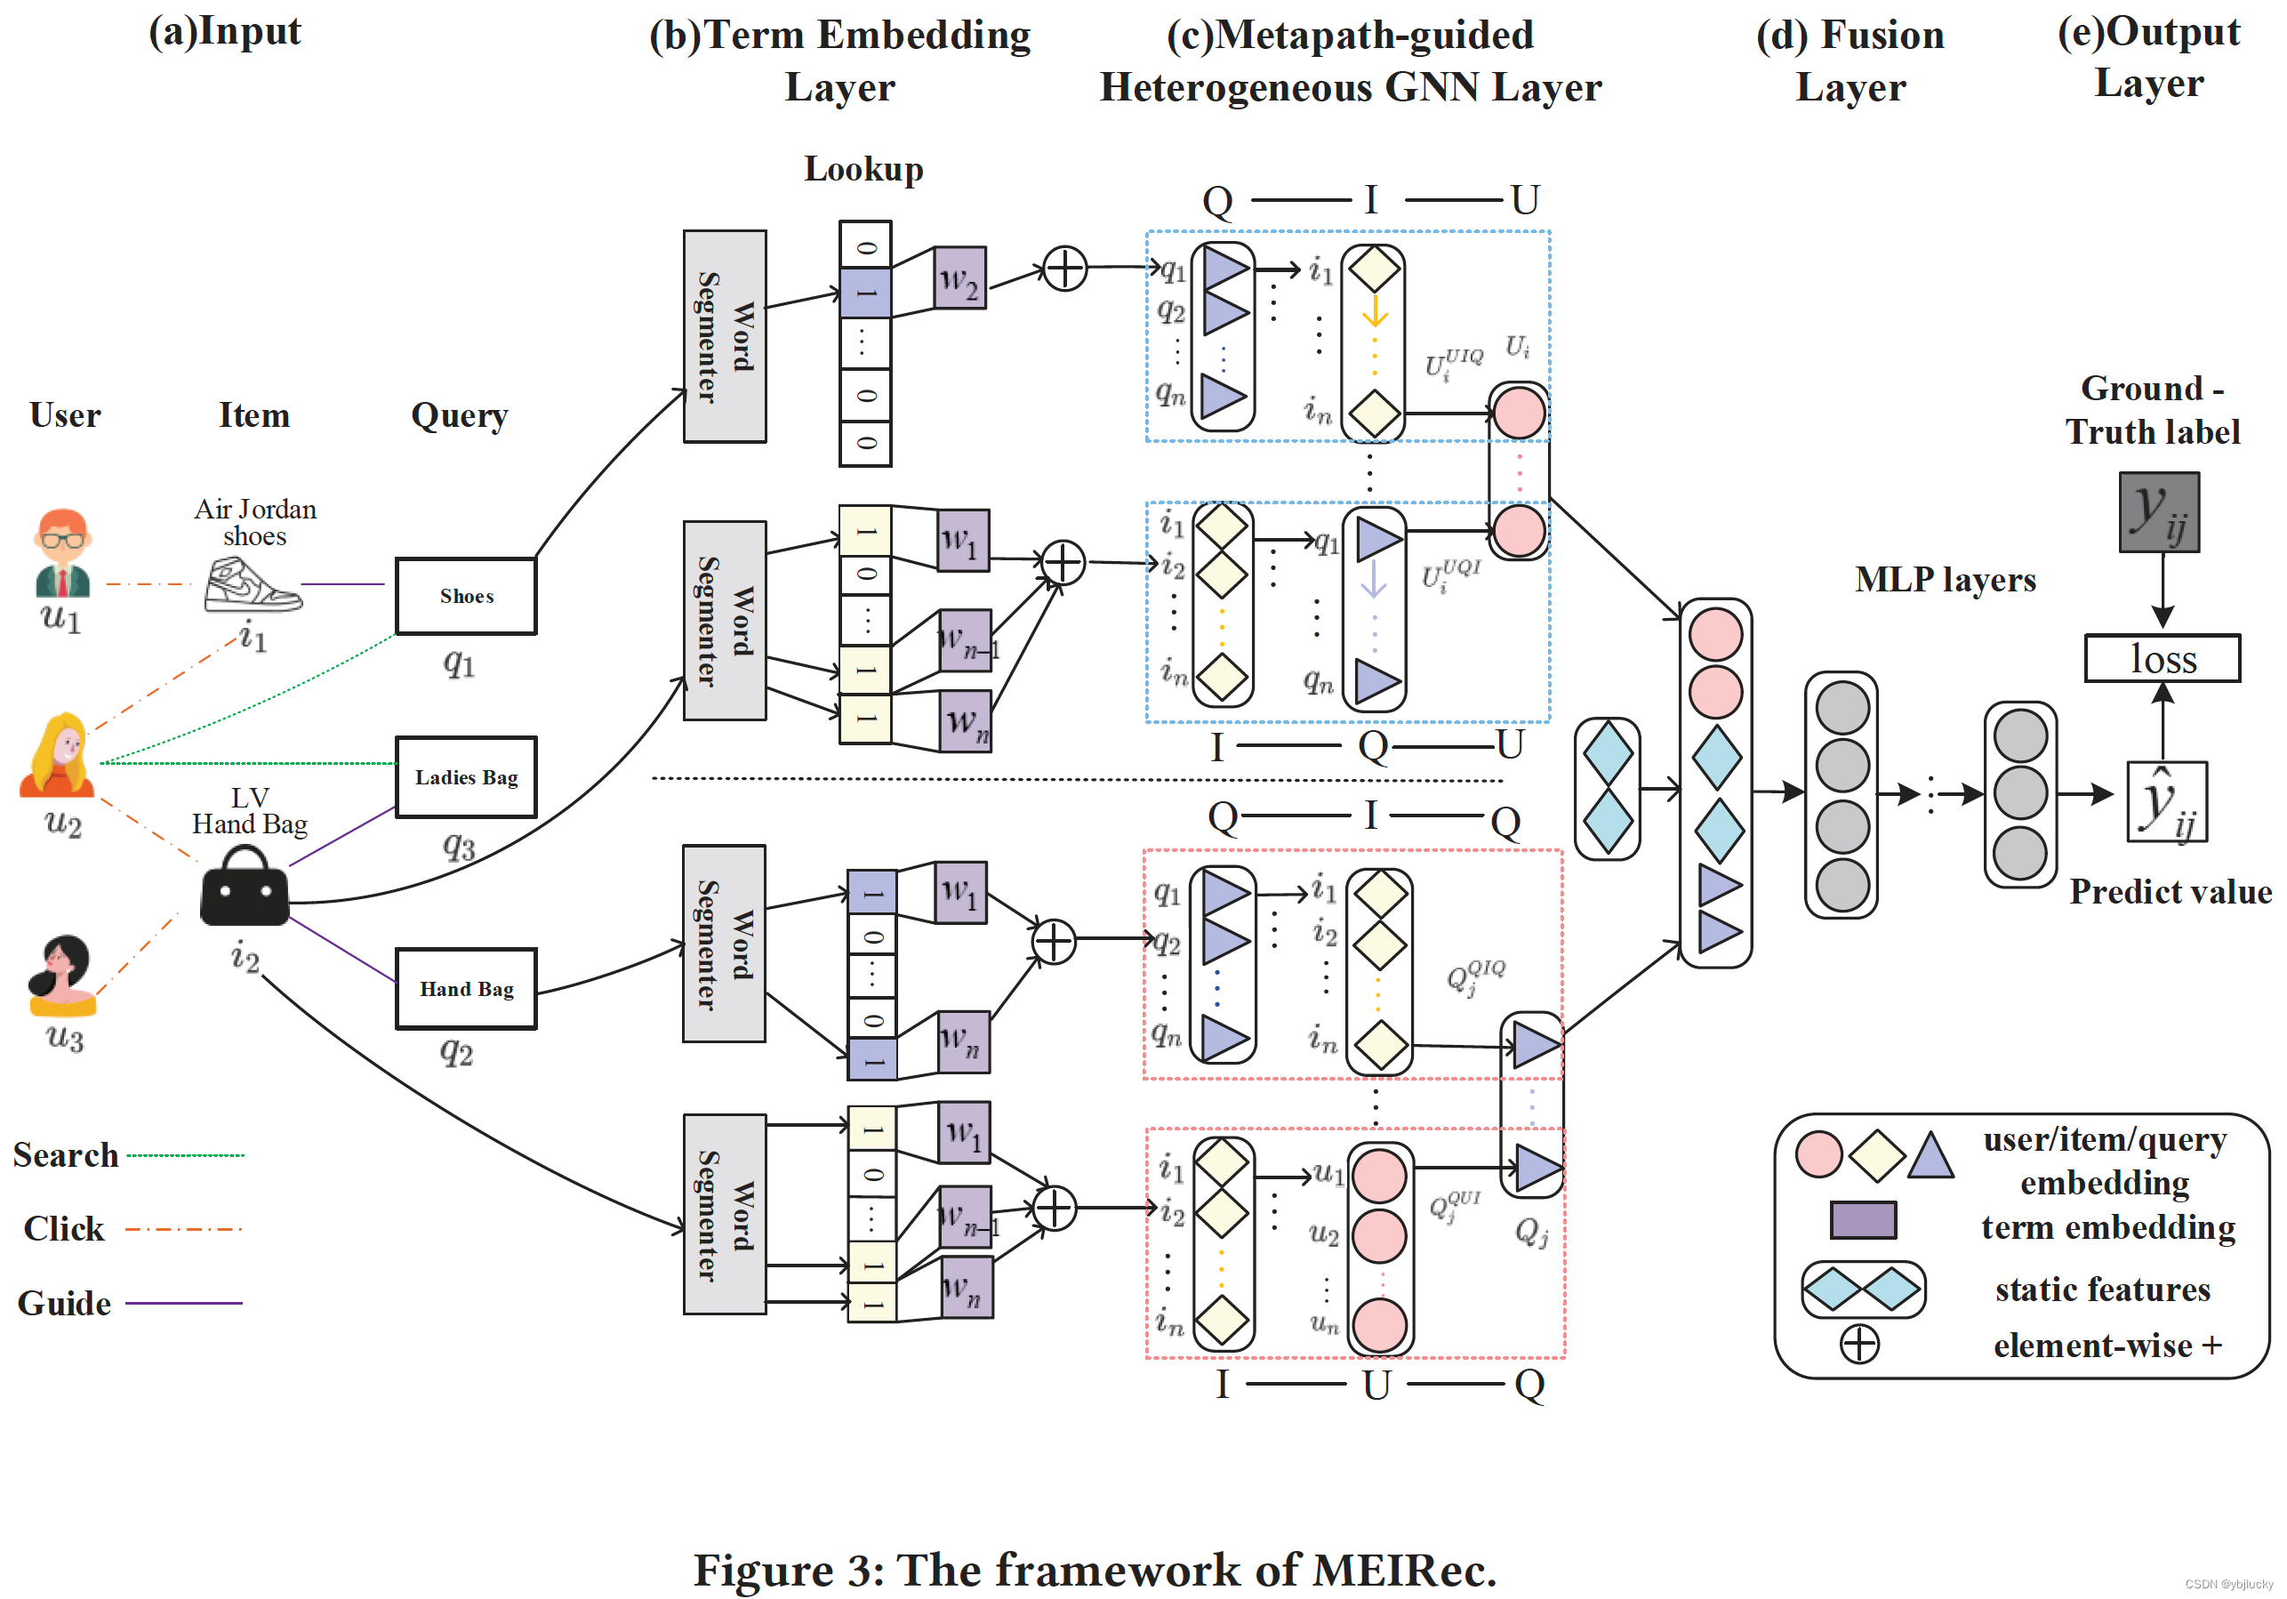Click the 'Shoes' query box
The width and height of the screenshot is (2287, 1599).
point(465,596)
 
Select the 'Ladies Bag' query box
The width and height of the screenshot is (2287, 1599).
point(465,777)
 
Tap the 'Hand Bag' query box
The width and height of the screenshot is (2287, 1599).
point(465,988)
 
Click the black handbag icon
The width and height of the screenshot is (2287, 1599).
point(244,886)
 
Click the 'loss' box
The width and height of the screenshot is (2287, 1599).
point(2162,658)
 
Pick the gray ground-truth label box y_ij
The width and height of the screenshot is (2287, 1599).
point(2158,512)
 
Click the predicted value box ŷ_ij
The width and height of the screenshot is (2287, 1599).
point(2166,802)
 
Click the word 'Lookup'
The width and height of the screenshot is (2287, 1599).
point(863,169)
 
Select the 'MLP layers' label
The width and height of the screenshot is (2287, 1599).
point(1945,579)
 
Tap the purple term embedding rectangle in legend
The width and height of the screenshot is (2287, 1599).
point(1863,1219)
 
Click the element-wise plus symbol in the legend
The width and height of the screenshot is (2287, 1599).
point(1858,1344)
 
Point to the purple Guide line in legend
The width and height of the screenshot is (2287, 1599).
point(184,1302)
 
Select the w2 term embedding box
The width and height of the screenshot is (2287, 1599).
point(960,278)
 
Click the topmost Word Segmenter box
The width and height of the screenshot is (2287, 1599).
point(724,337)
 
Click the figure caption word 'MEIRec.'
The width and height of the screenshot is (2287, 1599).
point(1403,1571)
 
